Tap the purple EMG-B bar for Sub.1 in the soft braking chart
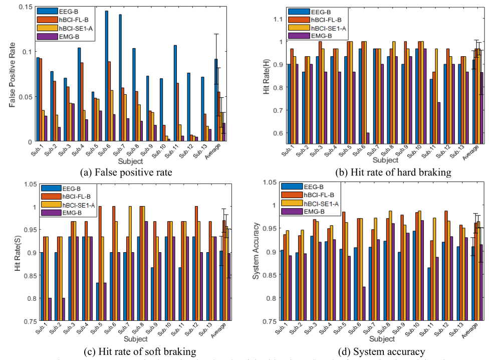[x=50, y=309]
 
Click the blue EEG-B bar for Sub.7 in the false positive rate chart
[x=120, y=78]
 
